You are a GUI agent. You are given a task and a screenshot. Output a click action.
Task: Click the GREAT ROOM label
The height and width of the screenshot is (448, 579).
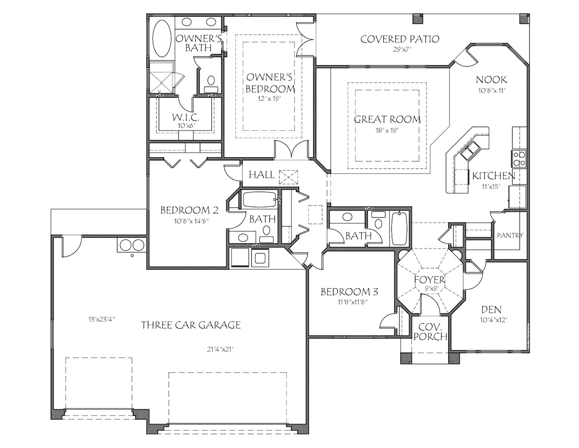pyautogui.click(x=387, y=119)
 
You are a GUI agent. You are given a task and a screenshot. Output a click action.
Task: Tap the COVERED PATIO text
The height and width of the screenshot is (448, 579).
pyautogui.click(x=400, y=39)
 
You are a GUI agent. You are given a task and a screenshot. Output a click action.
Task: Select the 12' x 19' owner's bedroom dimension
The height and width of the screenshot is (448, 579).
pyautogui.click(x=270, y=99)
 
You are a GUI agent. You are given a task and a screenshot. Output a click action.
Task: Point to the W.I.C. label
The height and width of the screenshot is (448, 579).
pyautogui.click(x=186, y=117)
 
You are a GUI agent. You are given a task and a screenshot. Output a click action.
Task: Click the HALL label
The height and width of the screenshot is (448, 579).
pyautogui.click(x=262, y=175)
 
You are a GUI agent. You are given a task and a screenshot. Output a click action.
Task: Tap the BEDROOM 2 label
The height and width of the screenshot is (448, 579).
pyautogui.click(x=189, y=210)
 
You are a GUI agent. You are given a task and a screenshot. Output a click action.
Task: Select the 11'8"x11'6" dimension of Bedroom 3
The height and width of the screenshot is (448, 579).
pyautogui.click(x=349, y=302)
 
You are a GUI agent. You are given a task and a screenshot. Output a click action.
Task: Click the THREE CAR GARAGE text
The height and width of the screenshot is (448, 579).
pyautogui.click(x=191, y=325)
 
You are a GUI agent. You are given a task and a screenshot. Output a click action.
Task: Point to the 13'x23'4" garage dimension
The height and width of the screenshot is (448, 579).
pyautogui.click(x=102, y=319)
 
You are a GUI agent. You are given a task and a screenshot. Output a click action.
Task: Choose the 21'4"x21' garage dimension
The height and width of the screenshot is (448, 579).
pyautogui.click(x=220, y=349)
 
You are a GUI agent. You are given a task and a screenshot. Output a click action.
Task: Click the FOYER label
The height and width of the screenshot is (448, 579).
pyautogui.click(x=430, y=279)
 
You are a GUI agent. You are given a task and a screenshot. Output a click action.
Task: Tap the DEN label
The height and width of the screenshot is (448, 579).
pyautogui.click(x=491, y=309)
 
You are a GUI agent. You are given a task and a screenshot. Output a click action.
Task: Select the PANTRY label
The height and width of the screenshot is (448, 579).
pyautogui.click(x=510, y=235)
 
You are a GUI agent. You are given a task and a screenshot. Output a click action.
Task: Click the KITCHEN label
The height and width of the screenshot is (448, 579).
pyautogui.click(x=494, y=176)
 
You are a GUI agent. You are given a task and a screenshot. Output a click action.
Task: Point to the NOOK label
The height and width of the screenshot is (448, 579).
pyautogui.click(x=491, y=80)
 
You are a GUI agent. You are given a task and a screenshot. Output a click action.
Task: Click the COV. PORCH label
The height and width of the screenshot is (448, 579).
pyautogui.click(x=430, y=332)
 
